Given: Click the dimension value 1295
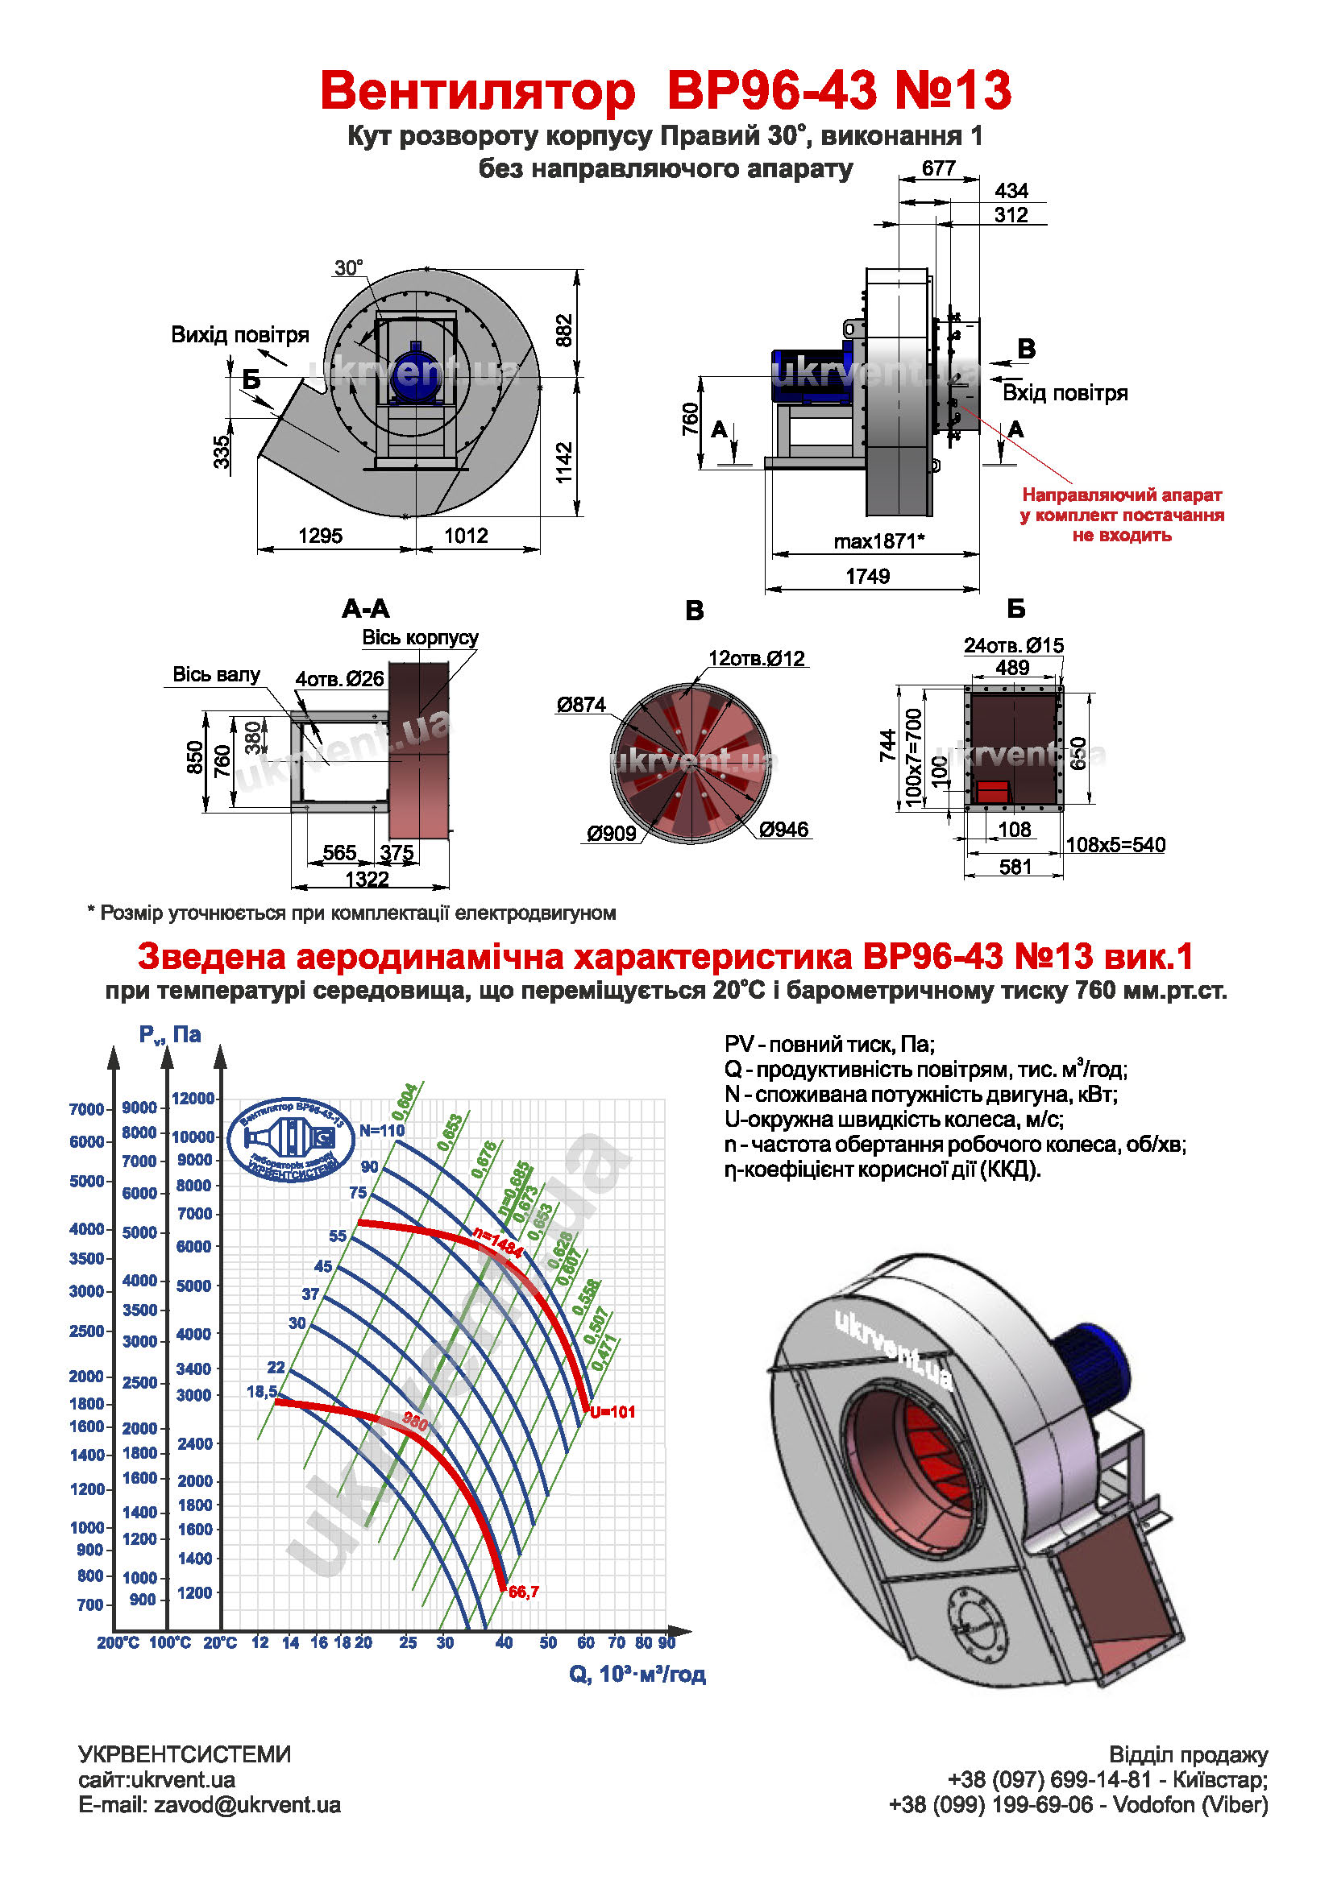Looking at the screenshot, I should click(320, 536).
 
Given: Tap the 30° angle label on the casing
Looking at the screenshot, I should click(348, 267).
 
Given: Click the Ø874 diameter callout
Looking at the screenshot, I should click(580, 704).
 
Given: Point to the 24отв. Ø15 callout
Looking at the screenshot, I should click(1013, 645).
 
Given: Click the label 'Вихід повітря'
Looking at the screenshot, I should click(239, 335).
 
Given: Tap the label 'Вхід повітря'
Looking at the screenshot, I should click(1065, 393).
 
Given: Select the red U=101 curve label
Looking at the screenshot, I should click(613, 1411).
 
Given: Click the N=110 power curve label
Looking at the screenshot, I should click(382, 1130).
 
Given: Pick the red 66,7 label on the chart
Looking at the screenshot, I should click(524, 1592).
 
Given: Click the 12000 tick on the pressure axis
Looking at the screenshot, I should click(193, 1098).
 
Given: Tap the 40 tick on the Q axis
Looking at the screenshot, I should click(504, 1642).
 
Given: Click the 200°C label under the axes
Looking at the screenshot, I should click(118, 1642).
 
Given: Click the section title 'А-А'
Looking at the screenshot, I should click(365, 609).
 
